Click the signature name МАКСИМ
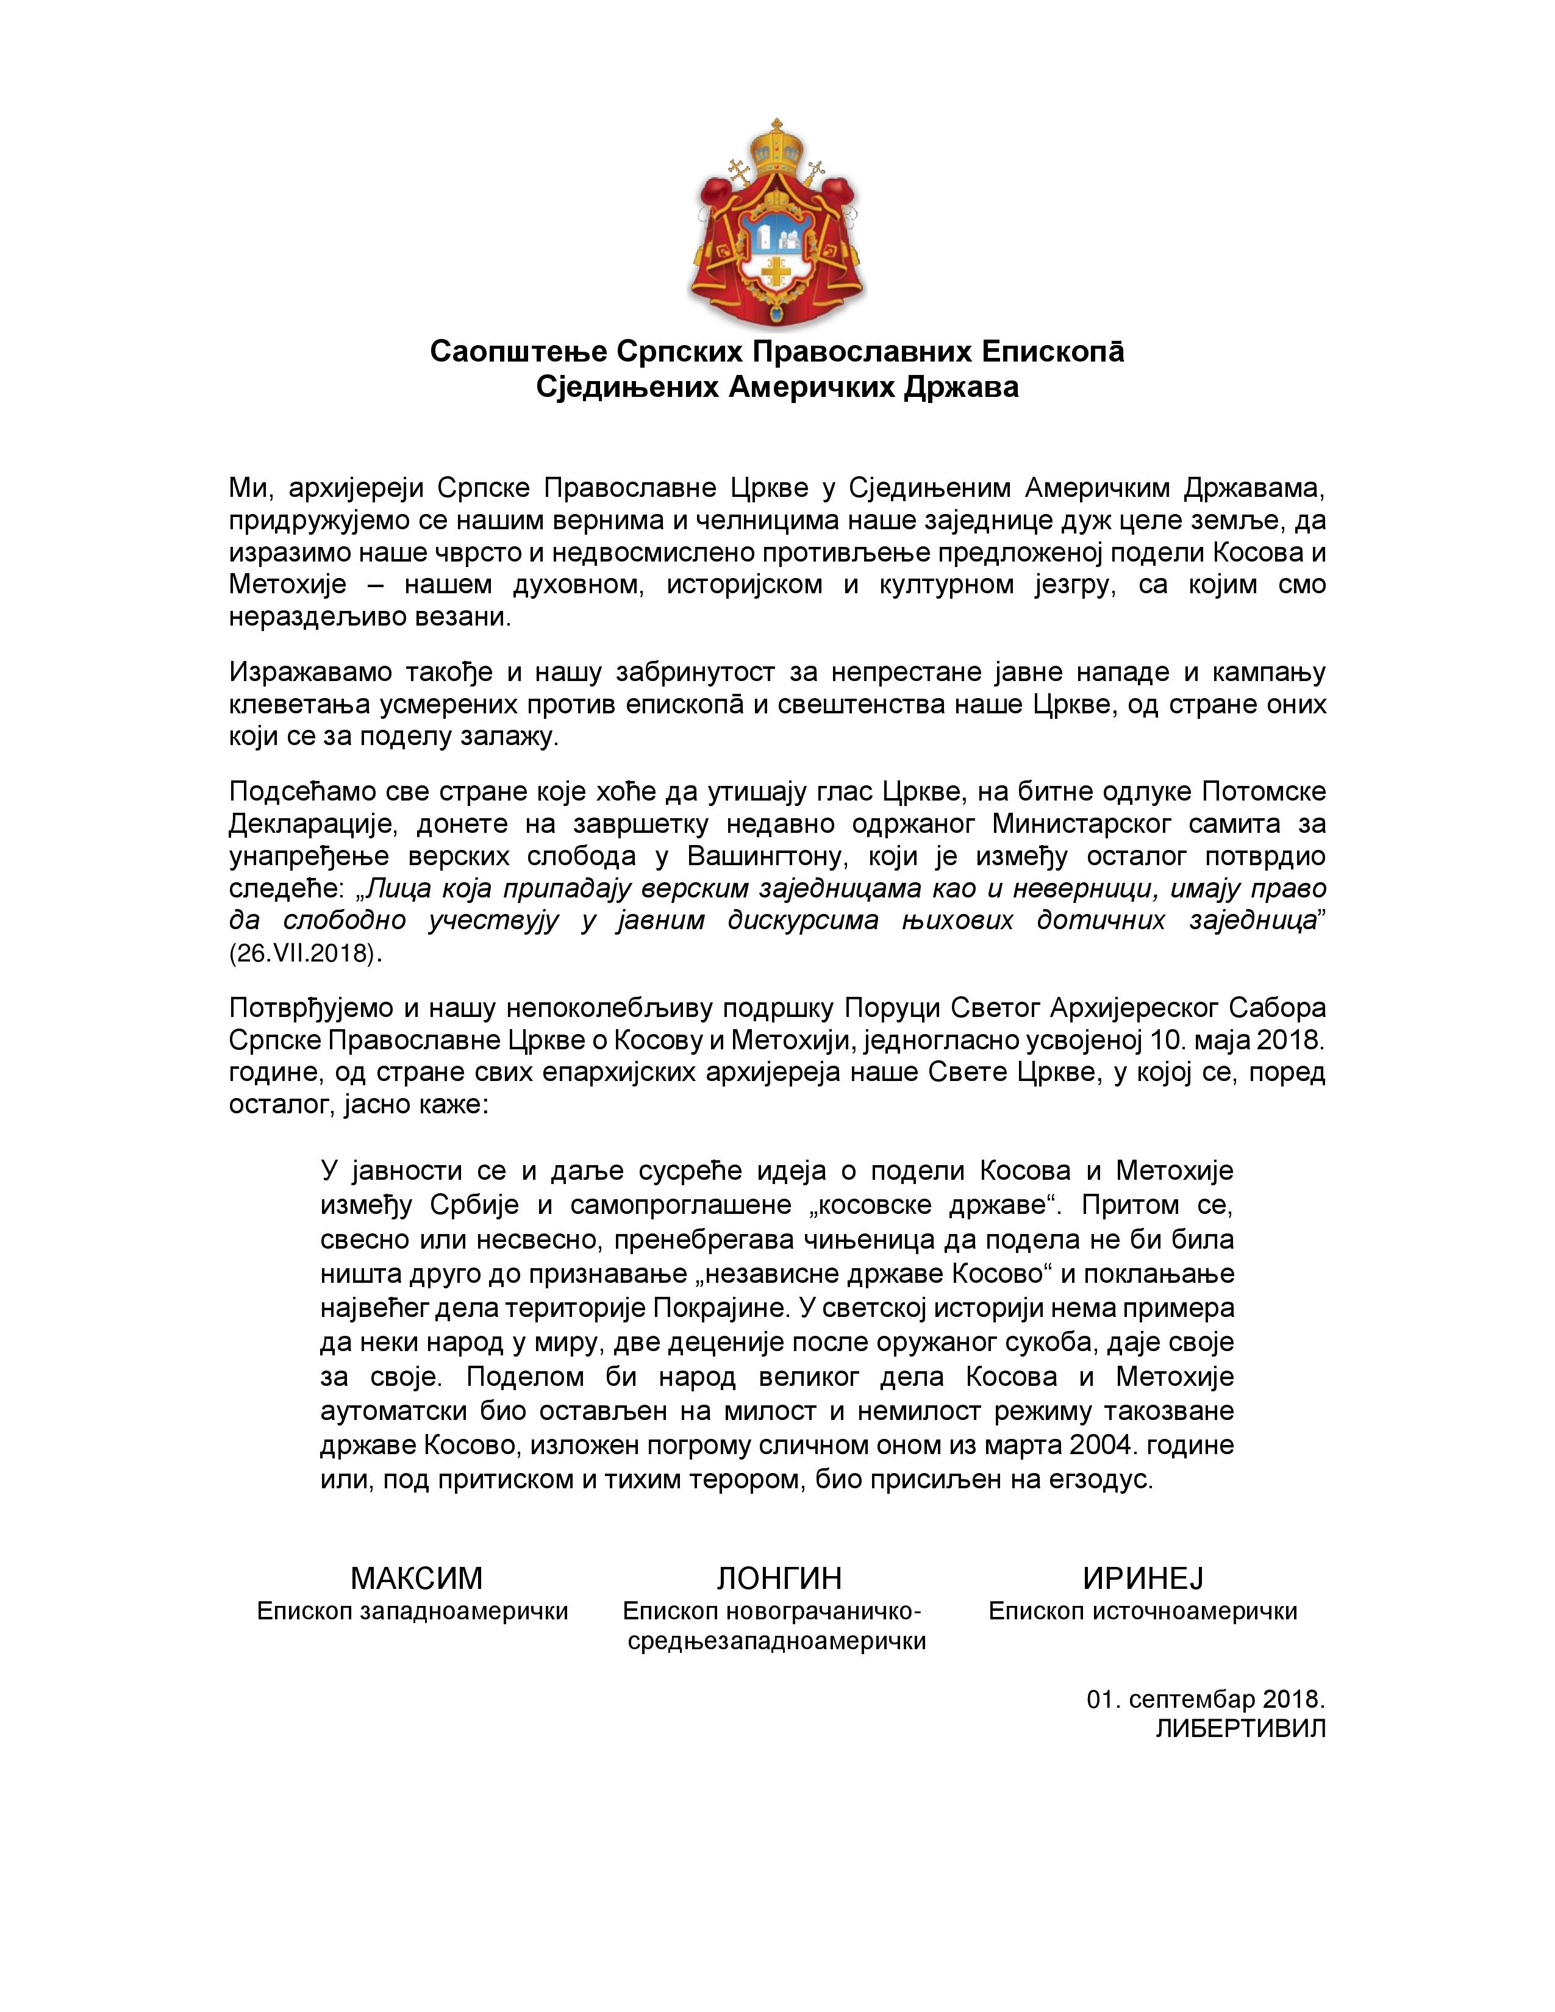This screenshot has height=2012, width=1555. (x=416, y=1578)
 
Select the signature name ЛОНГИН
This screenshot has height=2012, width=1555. (x=779, y=1578)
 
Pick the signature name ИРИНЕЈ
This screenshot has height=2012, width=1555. (x=1142, y=1578)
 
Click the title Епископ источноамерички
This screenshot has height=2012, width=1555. (x=1142, y=1611)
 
